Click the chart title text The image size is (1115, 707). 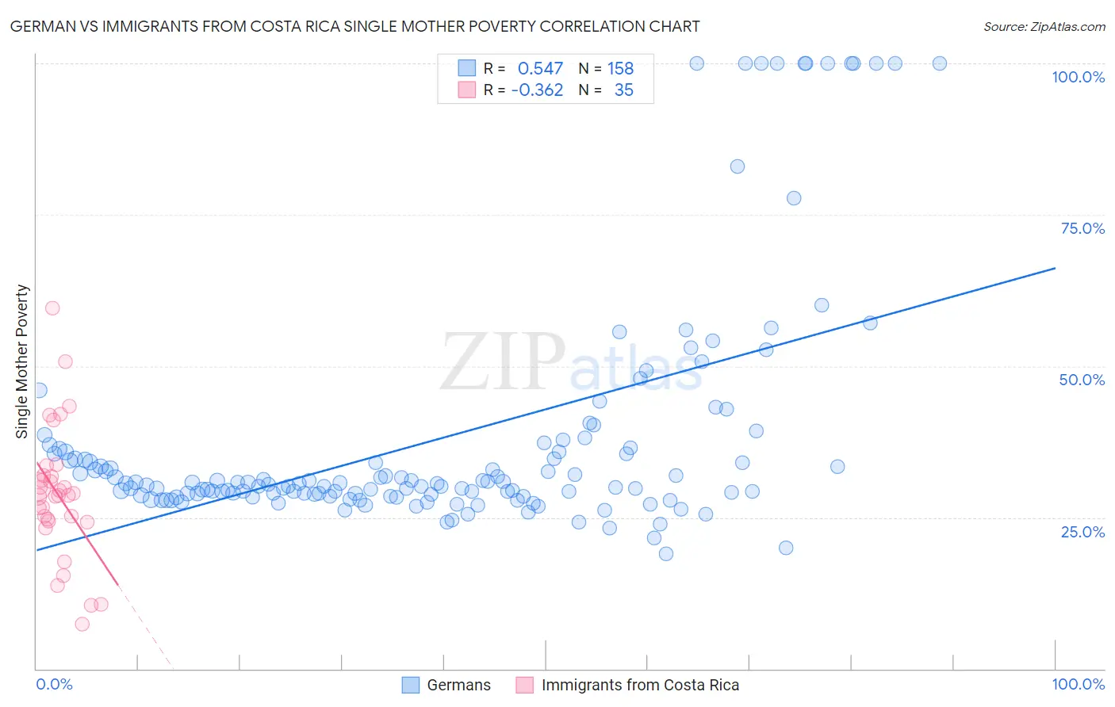pos(354,26)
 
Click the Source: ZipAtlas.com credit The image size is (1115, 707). pos(1044,26)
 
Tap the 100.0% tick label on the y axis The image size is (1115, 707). pos(1078,77)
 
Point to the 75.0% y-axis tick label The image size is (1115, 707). pos(1082,228)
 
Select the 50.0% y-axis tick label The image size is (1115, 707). pos(1082,380)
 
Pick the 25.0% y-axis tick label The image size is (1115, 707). pos(1082,532)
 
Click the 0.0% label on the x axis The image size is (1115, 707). pos(54,684)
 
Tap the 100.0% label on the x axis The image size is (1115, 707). pos(1078,684)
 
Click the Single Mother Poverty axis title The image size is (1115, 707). pos(22,361)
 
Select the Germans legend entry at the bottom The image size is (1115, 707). pos(446,685)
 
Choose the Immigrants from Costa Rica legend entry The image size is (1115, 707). pos(627,685)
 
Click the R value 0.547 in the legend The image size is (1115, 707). pos(540,69)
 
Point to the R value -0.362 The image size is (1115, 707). pos(537,90)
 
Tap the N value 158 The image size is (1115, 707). pos(620,69)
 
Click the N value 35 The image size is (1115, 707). pos(623,90)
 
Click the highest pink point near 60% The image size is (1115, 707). pos(52,308)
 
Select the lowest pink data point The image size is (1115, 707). pos(82,624)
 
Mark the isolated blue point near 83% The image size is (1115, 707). pos(738,166)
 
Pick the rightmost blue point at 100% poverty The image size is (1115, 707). pos(940,63)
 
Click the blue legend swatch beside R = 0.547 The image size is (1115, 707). pos(467,68)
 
